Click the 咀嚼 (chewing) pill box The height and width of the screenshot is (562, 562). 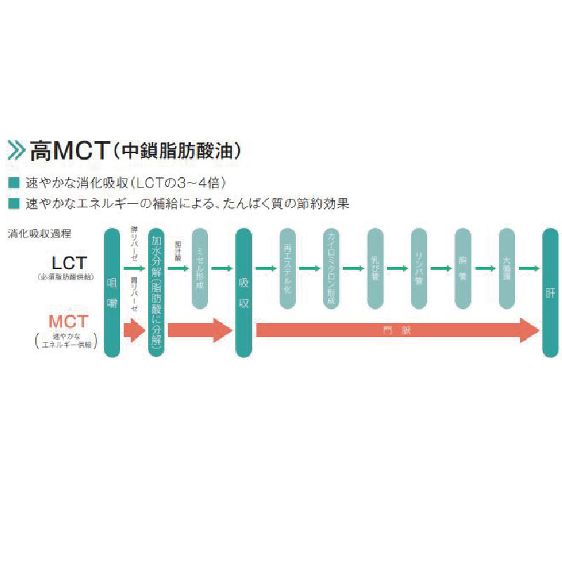(x=112, y=292)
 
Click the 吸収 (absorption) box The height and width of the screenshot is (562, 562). (x=244, y=292)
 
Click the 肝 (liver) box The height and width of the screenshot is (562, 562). (x=550, y=292)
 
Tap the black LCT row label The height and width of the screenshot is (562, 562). (x=70, y=263)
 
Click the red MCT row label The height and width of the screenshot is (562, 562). (x=69, y=322)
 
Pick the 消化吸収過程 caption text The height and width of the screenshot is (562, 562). (x=39, y=233)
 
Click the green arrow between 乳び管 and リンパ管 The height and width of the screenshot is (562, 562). (x=397, y=268)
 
